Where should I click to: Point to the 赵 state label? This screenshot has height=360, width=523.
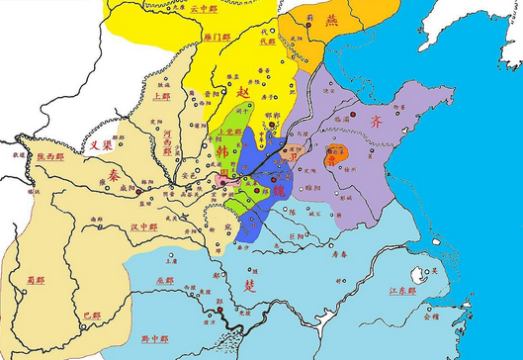click(245, 87)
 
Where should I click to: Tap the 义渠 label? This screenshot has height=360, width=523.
click(95, 143)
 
